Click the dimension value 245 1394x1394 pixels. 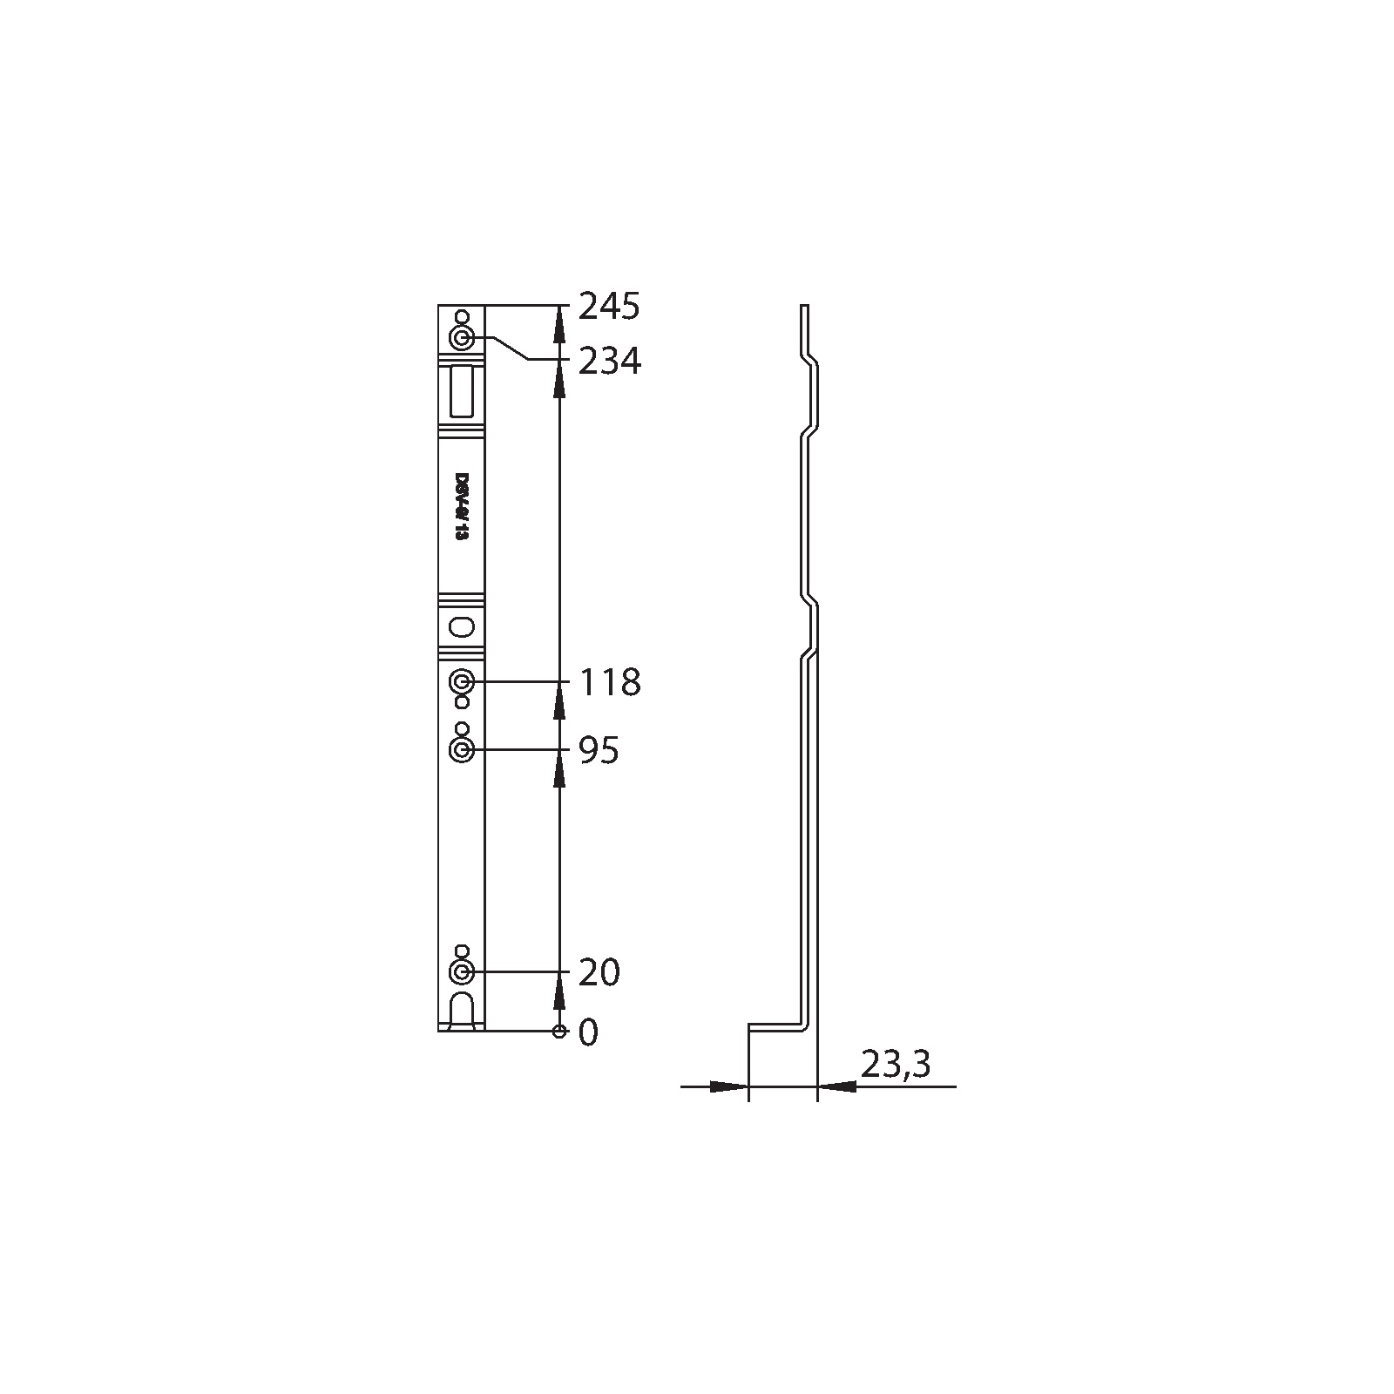point(610,307)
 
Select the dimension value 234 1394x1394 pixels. point(610,361)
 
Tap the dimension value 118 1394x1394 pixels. point(610,682)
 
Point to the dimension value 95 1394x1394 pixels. point(599,750)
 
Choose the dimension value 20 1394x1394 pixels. point(599,972)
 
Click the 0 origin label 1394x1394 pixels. point(589,1033)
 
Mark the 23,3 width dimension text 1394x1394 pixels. point(896,1064)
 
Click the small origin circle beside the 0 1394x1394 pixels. point(559,1032)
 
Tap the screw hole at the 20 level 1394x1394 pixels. point(462,971)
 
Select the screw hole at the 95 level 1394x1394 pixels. point(462,750)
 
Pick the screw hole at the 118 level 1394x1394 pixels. point(462,681)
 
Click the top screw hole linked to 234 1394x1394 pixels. point(462,337)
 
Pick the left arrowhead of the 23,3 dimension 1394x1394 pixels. point(730,1086)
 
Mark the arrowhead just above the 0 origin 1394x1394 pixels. point(559,994)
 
